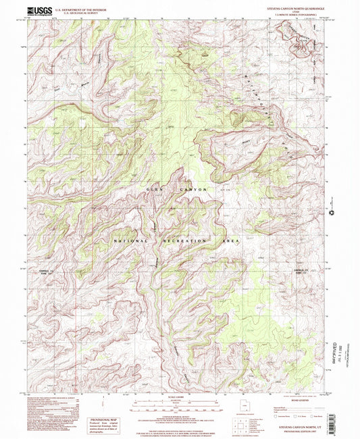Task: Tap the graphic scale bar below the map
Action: (x=179, y=403)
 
